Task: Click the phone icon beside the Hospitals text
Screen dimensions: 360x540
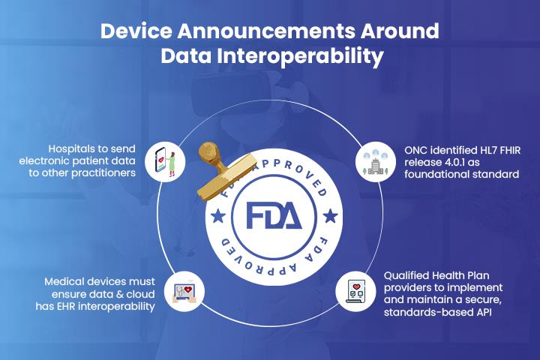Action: [x=166, y=160]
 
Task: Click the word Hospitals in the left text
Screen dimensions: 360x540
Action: [x=73, y=148]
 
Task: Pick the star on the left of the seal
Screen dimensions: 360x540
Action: [x=217, y=216]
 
